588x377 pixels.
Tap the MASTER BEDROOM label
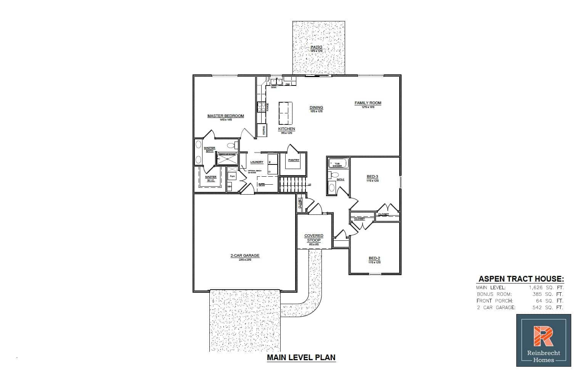[225, 116]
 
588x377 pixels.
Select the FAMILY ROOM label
[368, 103]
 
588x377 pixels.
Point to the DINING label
[316, 108]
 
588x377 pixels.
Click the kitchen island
[286, 113]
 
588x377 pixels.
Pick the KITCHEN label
[286, 129]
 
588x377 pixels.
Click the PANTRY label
[294, 160]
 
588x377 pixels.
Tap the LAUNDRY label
[257, 162]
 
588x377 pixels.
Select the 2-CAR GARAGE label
[245, 256]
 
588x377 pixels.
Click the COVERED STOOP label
[314, 238]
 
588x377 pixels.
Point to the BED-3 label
[372, 177]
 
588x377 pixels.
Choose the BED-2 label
[374, 258]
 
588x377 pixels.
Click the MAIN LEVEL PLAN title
[301, 358]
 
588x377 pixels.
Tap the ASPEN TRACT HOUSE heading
[521, 279]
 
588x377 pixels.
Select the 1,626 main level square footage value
[539, 288]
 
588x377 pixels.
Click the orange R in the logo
[543, 336]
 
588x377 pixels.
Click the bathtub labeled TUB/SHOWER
[338, 163]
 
